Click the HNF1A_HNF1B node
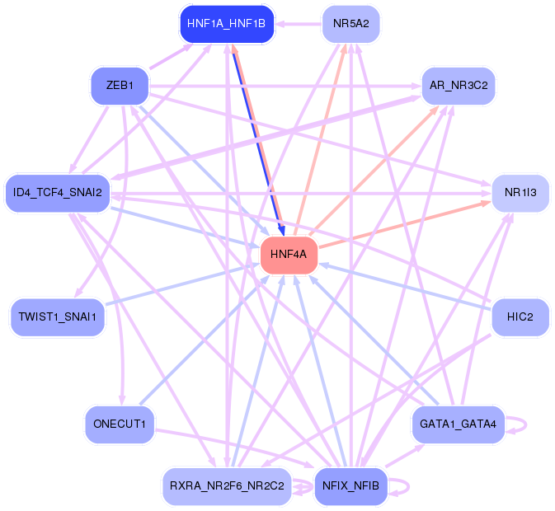227,24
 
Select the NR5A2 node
351,24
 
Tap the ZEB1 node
120,86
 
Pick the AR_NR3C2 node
459,86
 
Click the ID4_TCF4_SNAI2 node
58,193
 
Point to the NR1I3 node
520,193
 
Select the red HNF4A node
289,255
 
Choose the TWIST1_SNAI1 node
58,317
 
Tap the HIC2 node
520,317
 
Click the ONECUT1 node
120,424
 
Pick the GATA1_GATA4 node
459,424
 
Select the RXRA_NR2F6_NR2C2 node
227,486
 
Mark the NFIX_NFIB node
351,486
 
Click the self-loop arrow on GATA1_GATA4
526,424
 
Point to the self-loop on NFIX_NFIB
409,486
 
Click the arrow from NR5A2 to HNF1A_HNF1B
299,24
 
